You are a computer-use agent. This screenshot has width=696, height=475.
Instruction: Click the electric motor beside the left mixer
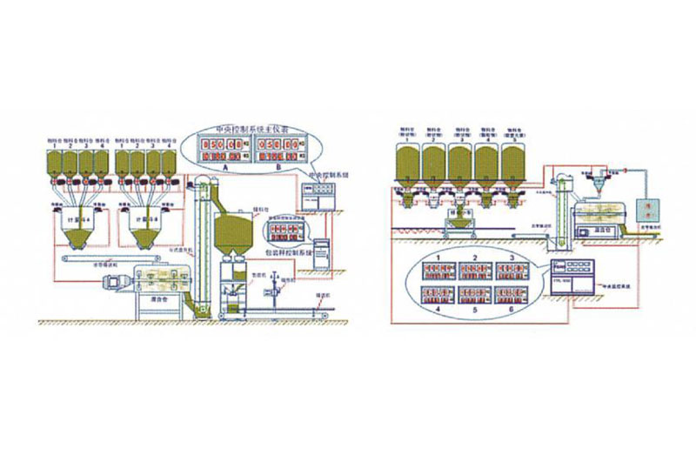point(116,280)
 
